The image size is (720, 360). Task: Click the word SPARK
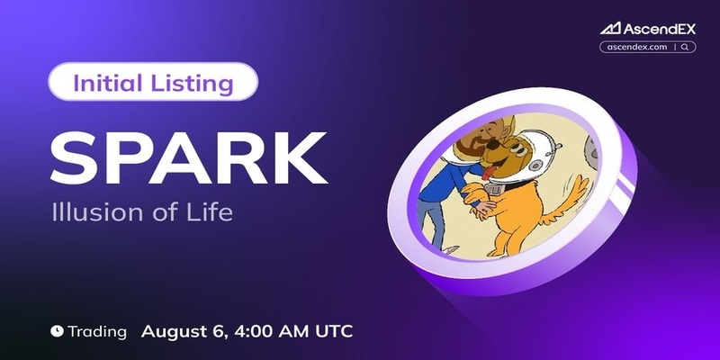coord(188,158)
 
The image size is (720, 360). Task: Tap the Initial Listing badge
coord(153,82)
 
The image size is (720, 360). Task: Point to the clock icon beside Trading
coord(57,330)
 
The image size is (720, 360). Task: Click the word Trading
coord(97,332)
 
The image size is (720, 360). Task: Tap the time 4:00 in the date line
coord(248,330)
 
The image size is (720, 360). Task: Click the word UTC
coord(334,330)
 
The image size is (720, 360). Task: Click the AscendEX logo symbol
coord(610,29)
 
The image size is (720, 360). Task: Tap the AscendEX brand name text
coord(660,29)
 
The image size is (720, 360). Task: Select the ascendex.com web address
coord(637,47)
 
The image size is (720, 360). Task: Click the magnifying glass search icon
coord(685,47)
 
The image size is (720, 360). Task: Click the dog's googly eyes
coord(516,148)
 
